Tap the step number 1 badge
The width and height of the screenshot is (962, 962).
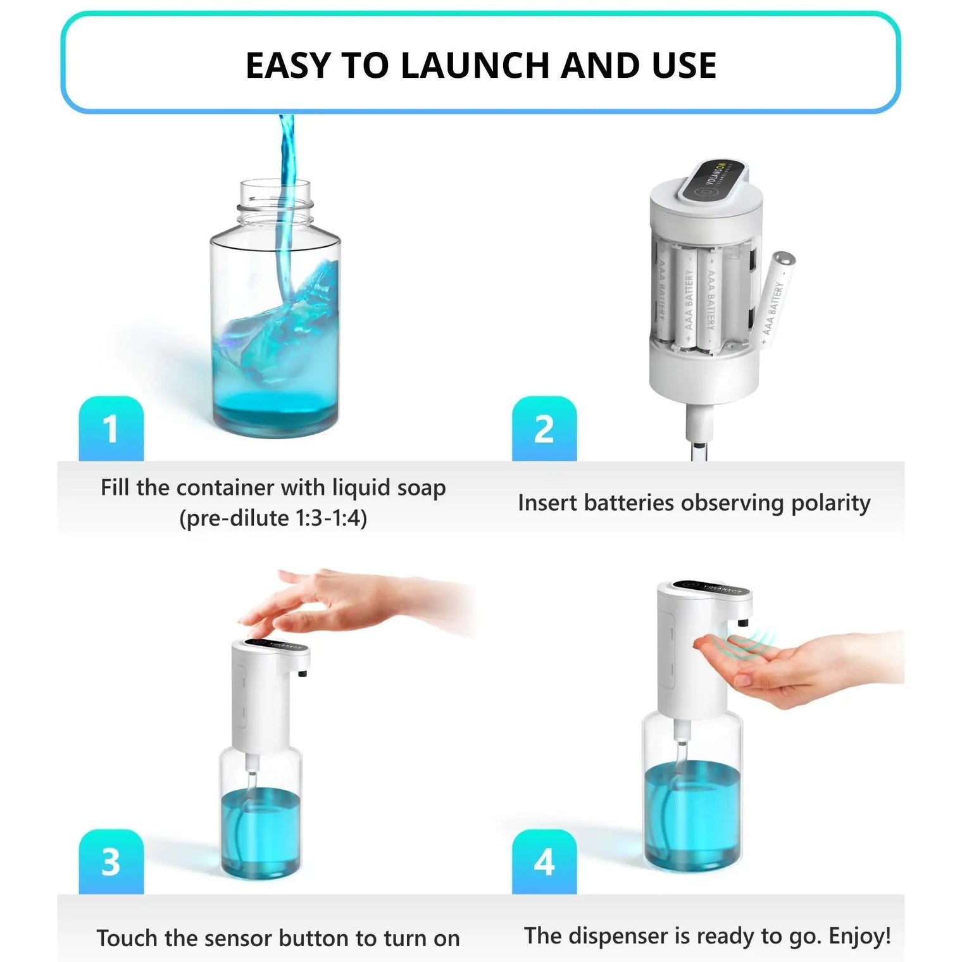pos(111,429)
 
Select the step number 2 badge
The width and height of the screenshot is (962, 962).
pos(544,429)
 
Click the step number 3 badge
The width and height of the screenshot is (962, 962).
pos(111,862)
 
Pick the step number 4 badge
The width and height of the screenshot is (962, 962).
pos(544,862)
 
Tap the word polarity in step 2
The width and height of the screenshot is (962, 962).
pos(830,503)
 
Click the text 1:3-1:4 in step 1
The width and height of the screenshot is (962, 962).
pos(331,518)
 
